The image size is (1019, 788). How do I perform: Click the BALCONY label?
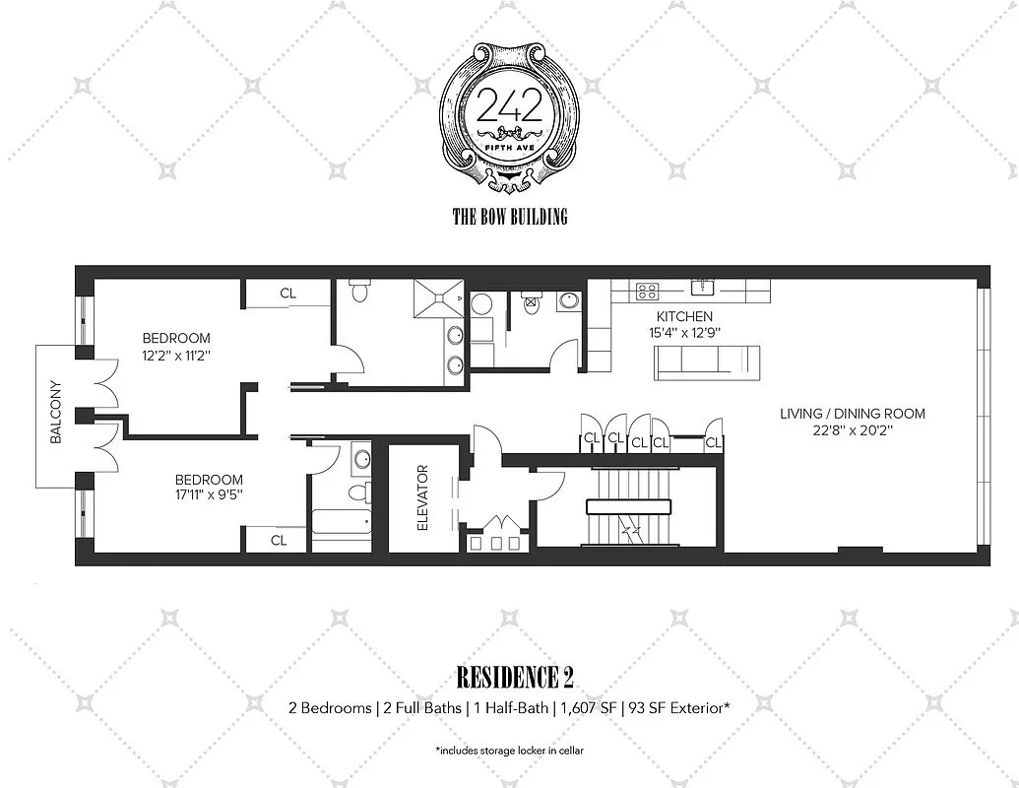tap(55, 413)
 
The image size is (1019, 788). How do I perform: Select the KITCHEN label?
tap(685, 316)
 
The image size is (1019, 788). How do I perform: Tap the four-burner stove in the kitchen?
tap(647, 291)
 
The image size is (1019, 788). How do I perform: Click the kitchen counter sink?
tap(703, 288)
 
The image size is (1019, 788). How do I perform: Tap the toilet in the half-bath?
tap(533, 301)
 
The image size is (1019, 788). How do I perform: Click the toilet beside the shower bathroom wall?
tap(359, 292)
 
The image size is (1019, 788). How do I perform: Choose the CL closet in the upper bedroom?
tap(287, 293)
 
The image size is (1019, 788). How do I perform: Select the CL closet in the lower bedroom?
tap(279, 540)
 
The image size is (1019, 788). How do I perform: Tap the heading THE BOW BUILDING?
tap(509, 217)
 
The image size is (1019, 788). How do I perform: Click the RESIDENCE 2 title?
tap(515, 678)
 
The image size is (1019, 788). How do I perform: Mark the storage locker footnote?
tap(509, 751)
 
